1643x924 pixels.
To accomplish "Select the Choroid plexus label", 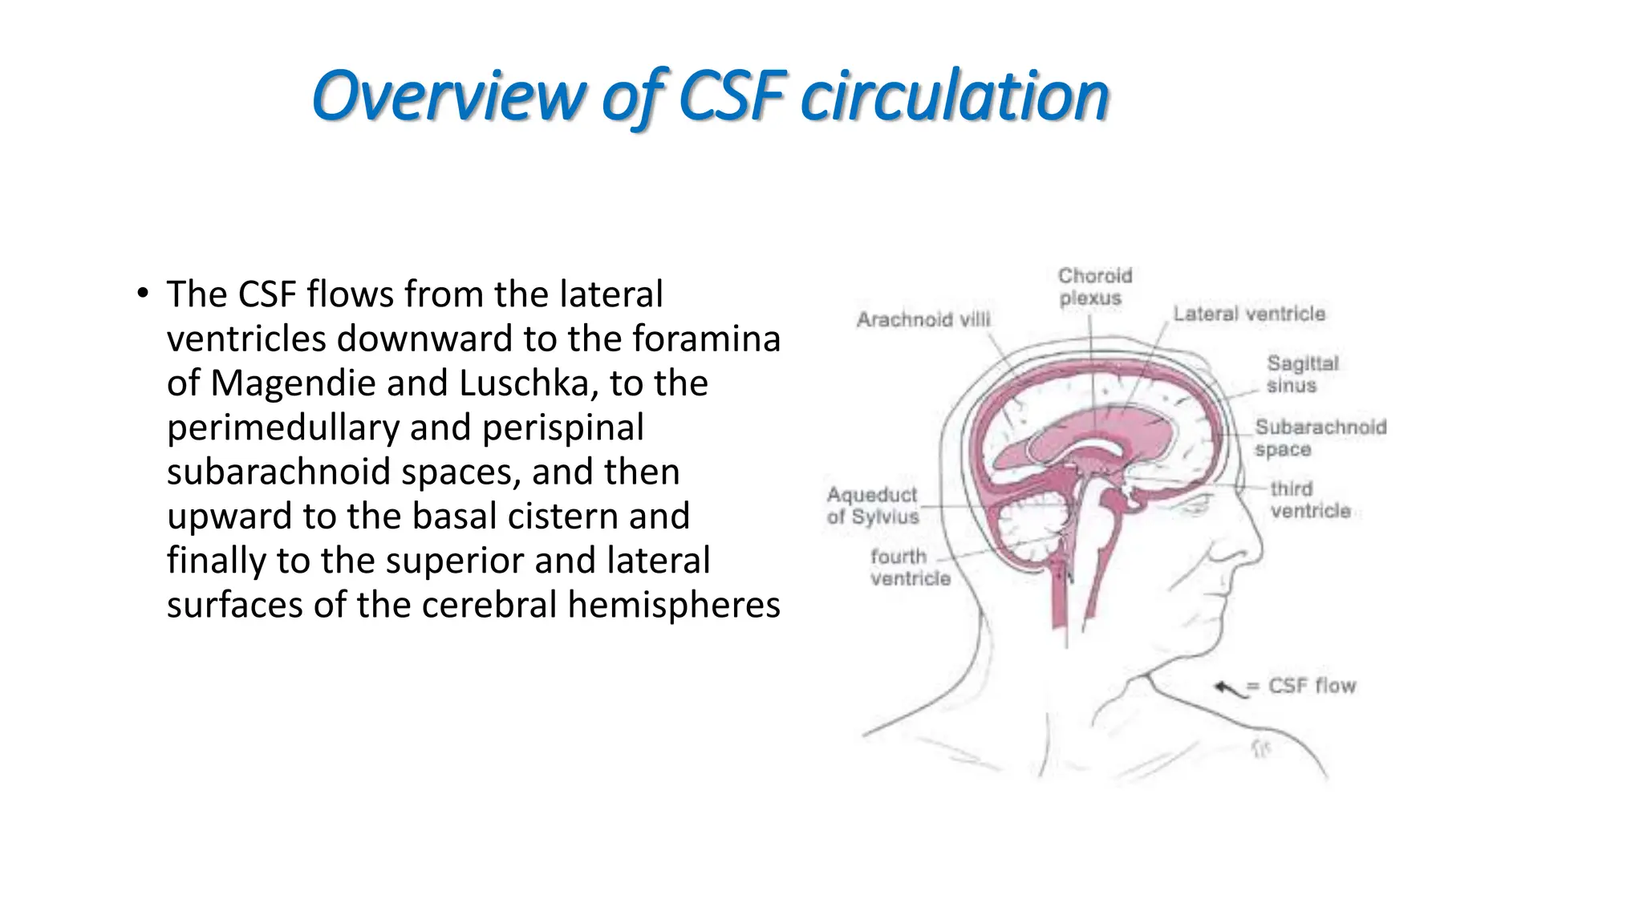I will [1094, 286].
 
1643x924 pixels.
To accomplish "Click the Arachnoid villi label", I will [923, 319].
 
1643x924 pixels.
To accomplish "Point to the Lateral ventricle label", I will [1248, 314].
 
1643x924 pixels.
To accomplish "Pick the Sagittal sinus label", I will [1302, 374].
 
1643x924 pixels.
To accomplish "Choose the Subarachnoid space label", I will [1320, 437].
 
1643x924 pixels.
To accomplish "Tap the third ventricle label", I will [1309, 499].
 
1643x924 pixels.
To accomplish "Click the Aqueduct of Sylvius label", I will [872, 505].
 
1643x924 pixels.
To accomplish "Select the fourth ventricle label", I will [909, 566].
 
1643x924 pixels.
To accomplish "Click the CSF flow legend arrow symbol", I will [1229, 687].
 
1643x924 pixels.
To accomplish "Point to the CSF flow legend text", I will [1311, 686].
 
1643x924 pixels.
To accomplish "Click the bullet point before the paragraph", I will [142, 294].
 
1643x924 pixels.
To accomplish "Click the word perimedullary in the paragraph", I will [282, 428].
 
